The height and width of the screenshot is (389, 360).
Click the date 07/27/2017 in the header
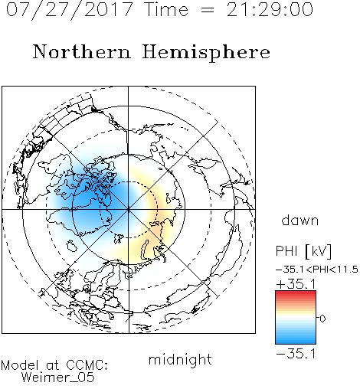pyautogui.click(x=70, y=10)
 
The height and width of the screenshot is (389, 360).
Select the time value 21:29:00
pyautogui.click(x=270, y=9)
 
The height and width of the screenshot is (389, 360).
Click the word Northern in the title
pyautogui.click(x=82, y=51)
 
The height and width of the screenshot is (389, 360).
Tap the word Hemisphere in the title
pyautogui.click(x=206, y=53)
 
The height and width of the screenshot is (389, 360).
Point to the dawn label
pyautogui.click(x=300, y=220)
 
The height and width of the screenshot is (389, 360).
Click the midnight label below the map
pyautogui.click(x=180, y=360)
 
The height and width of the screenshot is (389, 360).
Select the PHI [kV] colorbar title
pyautogui.click(x=303, y=251)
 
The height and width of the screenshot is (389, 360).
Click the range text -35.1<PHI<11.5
pyautogui.click(x=317, y=270)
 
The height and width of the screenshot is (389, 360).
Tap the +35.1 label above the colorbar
pyautogui.click(x=296, y=284)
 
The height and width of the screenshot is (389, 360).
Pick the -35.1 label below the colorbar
pyautogui.click(x=296, y=354)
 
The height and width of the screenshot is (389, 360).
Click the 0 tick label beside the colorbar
pyautogui.click(x=322, y=319)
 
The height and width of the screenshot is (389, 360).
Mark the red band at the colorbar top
pyautogui.click(x=296, y=294)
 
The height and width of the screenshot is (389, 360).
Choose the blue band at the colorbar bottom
pyautogui.click(x=296, y=340)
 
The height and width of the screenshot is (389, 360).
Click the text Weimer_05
pyautogui.click(x=58, y=378)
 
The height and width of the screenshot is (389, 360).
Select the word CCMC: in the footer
pyautogui.click(x=87, y=365)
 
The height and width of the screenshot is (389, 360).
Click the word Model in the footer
pyautogui.click(x=20, y=365)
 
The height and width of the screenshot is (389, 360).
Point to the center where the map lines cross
pyautogui.click(x=129, y=209)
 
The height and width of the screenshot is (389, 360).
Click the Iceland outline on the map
pyautogui.click(x=72, y=246)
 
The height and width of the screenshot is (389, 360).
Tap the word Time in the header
pyautogui.click(x=166, y=9)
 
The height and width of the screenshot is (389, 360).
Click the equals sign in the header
pyautogui.click(x=208, y=10)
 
